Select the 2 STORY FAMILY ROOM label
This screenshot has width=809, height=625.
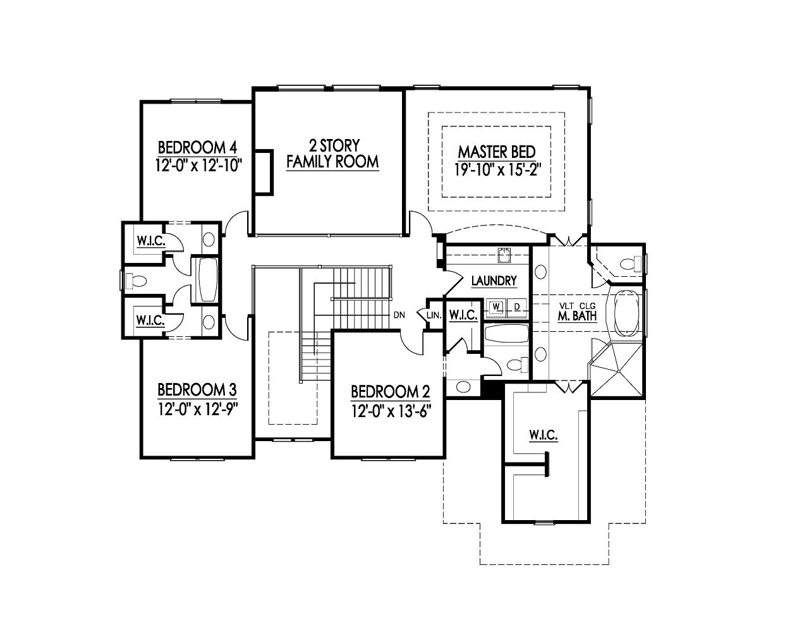(332, 154)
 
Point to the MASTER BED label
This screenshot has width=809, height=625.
(497, 152)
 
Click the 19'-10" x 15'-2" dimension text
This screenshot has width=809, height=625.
(497, 169)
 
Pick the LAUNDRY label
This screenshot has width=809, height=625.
(494, 281)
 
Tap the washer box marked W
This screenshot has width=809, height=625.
(497, 307)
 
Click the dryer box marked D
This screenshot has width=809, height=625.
(516, 307)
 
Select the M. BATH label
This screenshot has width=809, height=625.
(577, 316)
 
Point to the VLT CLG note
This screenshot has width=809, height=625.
(577, 306)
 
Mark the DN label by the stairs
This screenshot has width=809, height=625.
(399, 315)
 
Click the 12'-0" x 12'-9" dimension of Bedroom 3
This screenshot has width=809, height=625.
(197, 408)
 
